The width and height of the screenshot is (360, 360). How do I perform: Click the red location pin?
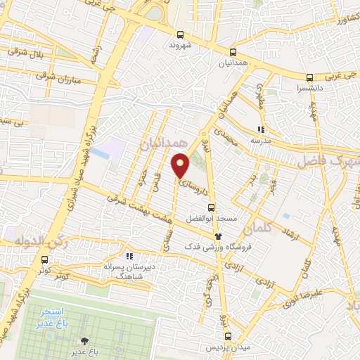pos(181,166)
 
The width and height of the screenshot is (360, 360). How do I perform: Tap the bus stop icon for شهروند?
pos(180,34)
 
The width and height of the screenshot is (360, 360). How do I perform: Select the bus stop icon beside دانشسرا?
pos(309,78)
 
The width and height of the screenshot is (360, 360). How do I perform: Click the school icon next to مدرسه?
pos(261,129)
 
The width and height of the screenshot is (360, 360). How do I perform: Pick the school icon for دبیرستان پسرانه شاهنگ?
pos(128,257)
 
